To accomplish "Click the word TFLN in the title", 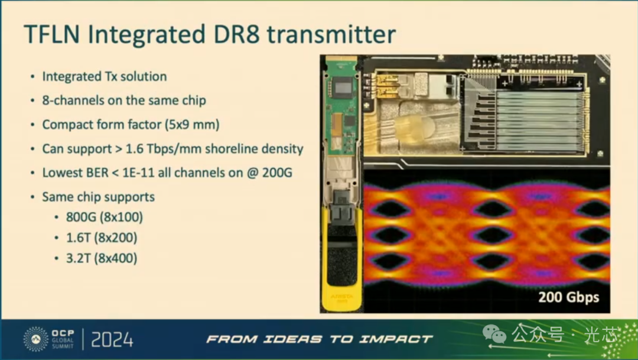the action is click(51, 34).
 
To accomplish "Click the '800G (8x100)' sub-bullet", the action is click(105, 217).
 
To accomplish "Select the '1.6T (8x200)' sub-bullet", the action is click(102, 238).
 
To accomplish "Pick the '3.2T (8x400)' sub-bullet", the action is click(102, 258).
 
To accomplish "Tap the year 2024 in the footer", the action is click(112, 340).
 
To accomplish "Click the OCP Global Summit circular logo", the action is click(35, 339).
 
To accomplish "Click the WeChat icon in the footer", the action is click(494, 334).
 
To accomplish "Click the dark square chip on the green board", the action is click(343, 87).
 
